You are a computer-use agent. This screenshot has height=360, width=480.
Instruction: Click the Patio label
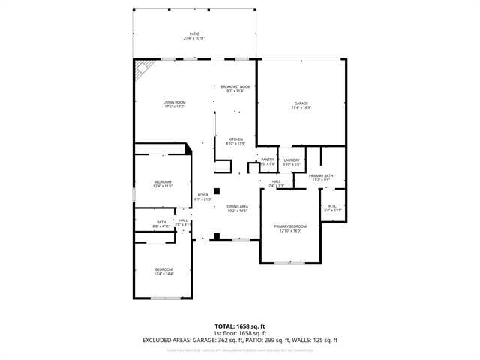tap(194, 35)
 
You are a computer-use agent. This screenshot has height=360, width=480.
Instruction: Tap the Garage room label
tap(301, 105)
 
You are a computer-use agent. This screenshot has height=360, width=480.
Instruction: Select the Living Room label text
tap(175, 104)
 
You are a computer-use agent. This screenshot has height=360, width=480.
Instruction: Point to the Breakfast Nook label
tap(235, 88)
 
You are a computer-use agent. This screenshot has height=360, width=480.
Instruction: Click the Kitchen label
tap(235, 141)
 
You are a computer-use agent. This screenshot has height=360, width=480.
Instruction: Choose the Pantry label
tap(268, 161)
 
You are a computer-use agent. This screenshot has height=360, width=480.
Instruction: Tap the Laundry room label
tap(292, 161)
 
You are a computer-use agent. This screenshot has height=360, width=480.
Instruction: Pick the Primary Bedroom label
tap(290, 228)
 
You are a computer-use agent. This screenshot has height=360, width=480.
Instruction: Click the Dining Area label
tap(238, 208)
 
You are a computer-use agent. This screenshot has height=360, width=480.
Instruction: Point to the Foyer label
tap(203, 197)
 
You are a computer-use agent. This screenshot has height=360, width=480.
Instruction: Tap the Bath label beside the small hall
tap(162, 223)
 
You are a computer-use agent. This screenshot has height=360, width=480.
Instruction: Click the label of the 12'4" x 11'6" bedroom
tap(163, 184)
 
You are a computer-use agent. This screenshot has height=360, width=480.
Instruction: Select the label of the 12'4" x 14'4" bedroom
tap(163, 271)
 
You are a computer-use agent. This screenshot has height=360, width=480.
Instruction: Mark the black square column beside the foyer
tap(217, 191)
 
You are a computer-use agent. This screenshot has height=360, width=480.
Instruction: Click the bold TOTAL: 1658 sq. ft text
tap(240, 325)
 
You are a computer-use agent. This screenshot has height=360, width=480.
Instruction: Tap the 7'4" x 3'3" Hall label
tap(276, 183)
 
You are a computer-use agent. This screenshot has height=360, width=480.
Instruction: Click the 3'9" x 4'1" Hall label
tap(182, 222)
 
